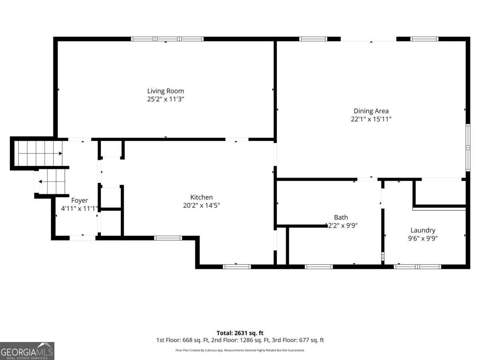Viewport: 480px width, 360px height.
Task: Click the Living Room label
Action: click(x=166, y=91)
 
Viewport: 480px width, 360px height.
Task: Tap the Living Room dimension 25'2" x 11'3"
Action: click(x=166, y=99)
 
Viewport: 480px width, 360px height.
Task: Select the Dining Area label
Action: click(x=371, y=111)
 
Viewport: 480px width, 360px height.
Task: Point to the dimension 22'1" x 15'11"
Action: click(x=371, y=119)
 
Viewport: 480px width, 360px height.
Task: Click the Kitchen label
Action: click(x=202, y=197)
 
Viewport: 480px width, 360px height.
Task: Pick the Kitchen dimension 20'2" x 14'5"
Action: click(x=202, y=206)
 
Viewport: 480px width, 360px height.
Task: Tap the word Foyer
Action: click(x=80, y=200)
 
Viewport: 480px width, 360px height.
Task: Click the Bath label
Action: click(x=341, y=218)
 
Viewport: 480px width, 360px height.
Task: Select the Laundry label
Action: click(x=423, y=230)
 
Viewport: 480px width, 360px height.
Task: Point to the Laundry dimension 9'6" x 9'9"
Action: click(x=423, y=238)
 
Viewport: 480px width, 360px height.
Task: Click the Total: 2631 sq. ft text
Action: click(x=240, y=333)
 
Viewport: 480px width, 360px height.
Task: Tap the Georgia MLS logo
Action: click(x=27, y=351)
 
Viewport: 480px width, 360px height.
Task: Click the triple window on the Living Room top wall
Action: click(x=167, y=39)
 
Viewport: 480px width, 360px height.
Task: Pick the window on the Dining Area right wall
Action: click(x=468, y=148)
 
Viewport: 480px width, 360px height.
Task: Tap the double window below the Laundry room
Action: click(x=418, y=267)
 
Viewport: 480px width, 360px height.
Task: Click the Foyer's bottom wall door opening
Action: click(x=83, y=238)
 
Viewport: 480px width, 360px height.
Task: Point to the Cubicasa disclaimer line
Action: click(x=240, y=350)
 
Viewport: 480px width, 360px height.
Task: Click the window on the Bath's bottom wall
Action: click(x=319, y=267)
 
